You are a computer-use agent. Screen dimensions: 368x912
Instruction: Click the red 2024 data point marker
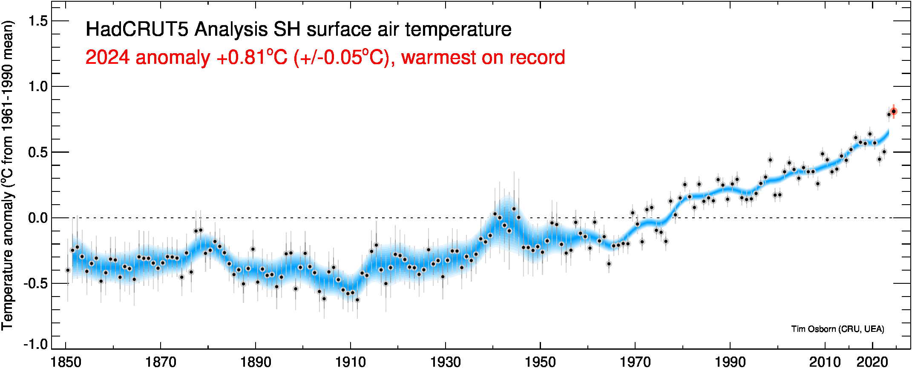point(894,111)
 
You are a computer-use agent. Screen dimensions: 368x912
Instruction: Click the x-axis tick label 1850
point(66,362)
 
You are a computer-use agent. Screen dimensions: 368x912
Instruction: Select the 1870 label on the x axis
point(161,362)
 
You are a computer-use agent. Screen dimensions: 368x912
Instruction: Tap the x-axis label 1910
point(351,362)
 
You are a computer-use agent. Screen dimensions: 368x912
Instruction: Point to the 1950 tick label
point(540,362)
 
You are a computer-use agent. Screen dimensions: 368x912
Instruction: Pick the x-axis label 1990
point(730,362)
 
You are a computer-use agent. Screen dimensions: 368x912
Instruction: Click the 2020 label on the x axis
point(872,362)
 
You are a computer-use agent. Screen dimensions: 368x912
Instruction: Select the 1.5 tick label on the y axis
point(38,21)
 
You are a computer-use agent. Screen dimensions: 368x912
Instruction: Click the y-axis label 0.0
point(38,218)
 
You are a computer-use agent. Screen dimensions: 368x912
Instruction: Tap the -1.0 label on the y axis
point(36,344)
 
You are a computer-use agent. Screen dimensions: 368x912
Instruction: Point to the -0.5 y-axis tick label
point(36,283)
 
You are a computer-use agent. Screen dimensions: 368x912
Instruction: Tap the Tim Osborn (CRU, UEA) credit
point(837,329)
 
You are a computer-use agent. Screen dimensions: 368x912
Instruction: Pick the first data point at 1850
point(68,270)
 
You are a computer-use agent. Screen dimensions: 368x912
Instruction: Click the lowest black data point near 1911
point(357,300)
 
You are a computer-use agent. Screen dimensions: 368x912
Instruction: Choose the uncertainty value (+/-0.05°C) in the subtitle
point(341,57)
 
